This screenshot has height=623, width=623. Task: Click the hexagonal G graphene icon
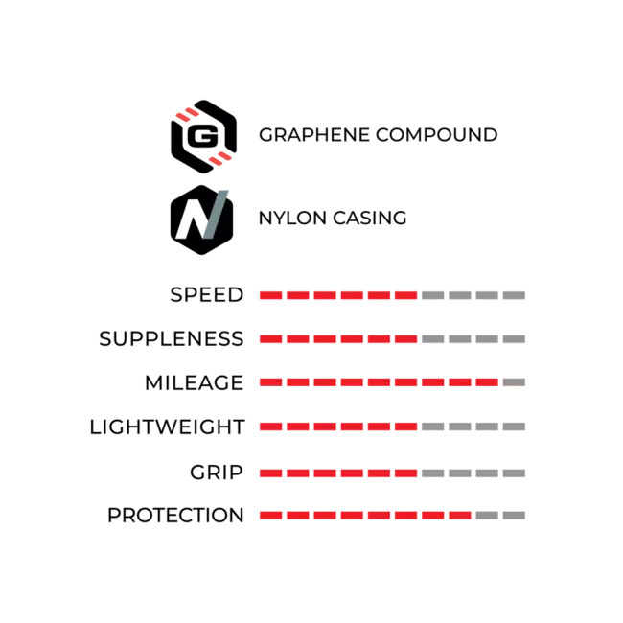coord(203,136)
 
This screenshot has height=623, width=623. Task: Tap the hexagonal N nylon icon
coord(201,219)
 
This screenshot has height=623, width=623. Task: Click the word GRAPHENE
coord(314,135)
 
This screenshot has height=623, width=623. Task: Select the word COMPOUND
coord(437,135)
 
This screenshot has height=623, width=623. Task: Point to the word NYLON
coord(293,219)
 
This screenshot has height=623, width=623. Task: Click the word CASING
coord(370,219)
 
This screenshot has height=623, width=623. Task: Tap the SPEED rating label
coord(207,295)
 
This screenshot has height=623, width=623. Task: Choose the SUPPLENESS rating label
coord(172,339)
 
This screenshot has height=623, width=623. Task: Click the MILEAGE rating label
coord(195,383)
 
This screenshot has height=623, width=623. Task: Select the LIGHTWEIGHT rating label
coord(168,427)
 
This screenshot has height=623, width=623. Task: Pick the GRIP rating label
coord(217,473)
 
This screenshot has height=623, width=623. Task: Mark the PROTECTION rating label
coord(175,516)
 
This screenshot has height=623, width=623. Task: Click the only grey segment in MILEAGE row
coord(514,382)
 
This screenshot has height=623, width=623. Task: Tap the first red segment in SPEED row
coord(271,295)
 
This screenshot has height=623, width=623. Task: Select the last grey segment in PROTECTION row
coord(514,516)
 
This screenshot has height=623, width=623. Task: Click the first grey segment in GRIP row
coord(433,473)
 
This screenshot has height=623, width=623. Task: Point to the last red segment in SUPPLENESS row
coord(406,339)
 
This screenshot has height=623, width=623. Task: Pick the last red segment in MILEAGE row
coord(487,382)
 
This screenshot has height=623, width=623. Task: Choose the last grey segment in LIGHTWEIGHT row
coord(514,427)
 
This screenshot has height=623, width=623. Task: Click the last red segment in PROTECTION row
coord(460,516)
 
